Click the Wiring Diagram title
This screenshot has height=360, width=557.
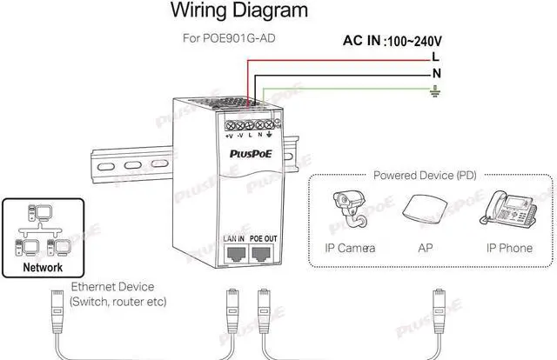238,11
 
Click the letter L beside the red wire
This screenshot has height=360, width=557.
435,57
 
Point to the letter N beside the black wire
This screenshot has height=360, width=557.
436,73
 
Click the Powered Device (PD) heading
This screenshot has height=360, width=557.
426,175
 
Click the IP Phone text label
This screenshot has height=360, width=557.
509,248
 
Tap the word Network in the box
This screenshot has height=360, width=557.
43,268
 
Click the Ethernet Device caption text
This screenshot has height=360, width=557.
112,286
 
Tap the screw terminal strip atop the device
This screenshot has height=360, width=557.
250,123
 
